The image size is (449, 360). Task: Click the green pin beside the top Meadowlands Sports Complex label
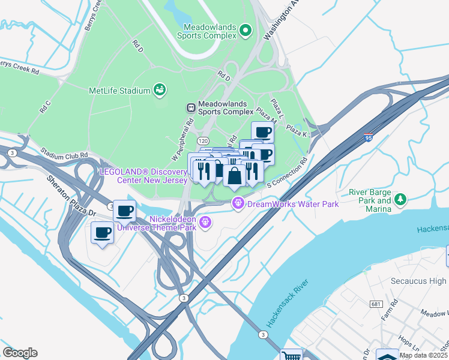[245, 30]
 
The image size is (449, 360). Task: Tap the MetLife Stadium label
[118, 91]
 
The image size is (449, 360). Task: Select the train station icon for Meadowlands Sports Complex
[190, 107]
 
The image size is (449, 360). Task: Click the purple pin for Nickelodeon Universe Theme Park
[205, 223]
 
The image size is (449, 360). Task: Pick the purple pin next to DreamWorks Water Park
[238, 204]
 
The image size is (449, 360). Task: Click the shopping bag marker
[235, 176]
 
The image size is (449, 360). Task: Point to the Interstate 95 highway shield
[369, 137]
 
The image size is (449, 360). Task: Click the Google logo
[20, 353]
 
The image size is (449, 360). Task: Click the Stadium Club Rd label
[64, 154]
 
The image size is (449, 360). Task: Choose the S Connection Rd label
[288, 172]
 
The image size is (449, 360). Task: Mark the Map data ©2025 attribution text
[423, 355]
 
